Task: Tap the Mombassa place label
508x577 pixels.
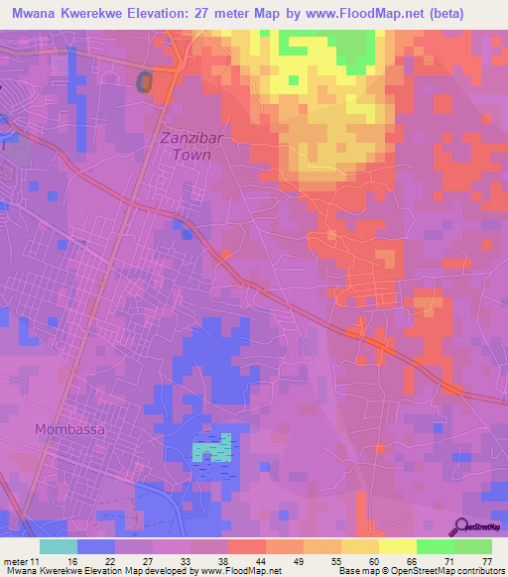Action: point(69,430)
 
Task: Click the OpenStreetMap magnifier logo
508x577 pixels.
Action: point(461,526)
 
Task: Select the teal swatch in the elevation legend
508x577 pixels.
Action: point(59,546)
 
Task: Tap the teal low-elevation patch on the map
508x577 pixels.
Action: point(211,448)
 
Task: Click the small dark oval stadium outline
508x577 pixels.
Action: point(145,83)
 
